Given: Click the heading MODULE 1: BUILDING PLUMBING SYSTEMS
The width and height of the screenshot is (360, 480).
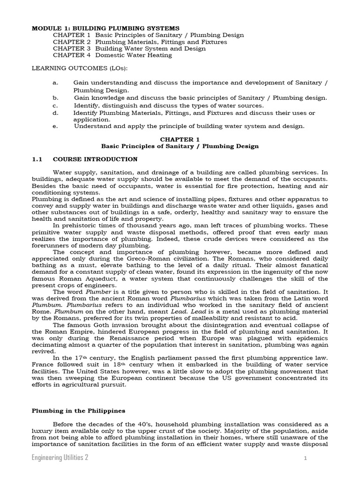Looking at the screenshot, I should [105, 29].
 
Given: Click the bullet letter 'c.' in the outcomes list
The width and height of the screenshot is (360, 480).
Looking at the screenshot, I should [55, 105].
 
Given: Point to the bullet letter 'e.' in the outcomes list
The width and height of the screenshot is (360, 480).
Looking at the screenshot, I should [55, 126].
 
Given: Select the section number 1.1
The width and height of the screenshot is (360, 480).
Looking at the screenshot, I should [37, 159].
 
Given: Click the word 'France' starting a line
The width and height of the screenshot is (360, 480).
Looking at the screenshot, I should [42, 364].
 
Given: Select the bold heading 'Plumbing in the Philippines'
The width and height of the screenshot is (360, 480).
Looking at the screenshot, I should [78, 411].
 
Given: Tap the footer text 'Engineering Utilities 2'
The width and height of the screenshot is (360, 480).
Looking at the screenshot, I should [60, 458].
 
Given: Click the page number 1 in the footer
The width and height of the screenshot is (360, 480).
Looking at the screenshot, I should [305, 459].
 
